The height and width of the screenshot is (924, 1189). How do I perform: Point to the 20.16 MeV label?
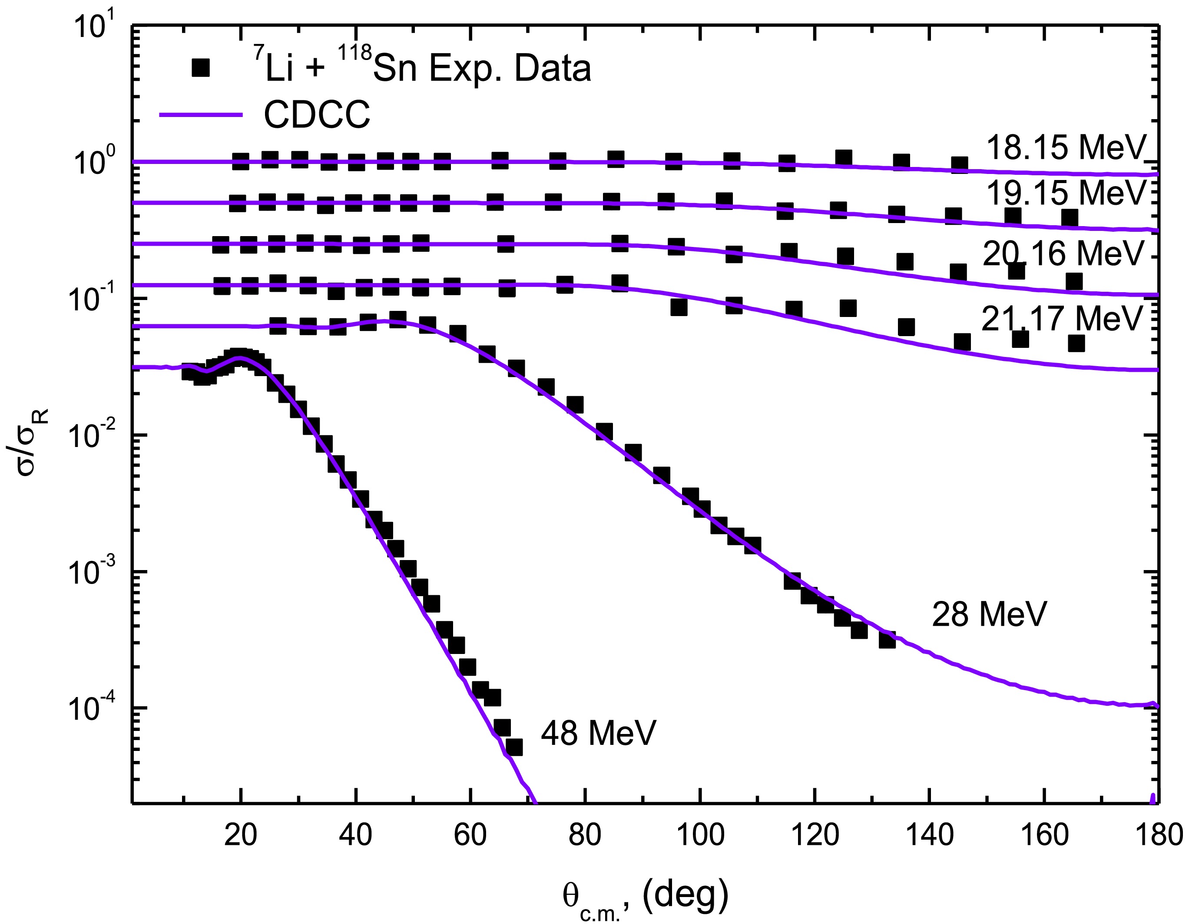(1063, 254)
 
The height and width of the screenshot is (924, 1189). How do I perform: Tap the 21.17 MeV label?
(1062, 318)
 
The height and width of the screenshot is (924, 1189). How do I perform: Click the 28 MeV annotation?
(989, 614)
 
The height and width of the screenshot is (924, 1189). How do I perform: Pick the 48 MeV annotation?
(598, 733)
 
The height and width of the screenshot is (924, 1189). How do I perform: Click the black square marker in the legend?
(201, 69)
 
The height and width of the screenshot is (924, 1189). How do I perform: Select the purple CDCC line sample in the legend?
(200, 115)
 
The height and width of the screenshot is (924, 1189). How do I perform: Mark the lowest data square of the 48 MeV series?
(514, 747)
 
